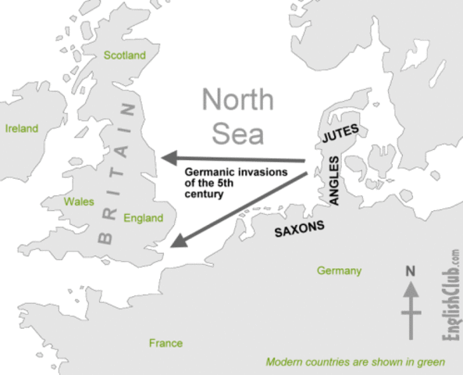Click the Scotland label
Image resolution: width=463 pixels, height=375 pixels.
click(x=125, y=55)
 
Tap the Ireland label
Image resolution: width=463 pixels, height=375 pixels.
click(x=21, y=128)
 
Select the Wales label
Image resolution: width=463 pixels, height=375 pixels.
click(x=79, y=201)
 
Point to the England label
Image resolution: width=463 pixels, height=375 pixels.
click(x=144, y=218)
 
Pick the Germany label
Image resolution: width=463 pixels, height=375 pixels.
click(x=339, y=271)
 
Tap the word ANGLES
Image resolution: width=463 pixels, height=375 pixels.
click(x=333, y=180)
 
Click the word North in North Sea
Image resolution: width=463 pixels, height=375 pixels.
click(x=238, y=101)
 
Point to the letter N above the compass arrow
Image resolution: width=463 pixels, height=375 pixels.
click(x=409, y=272)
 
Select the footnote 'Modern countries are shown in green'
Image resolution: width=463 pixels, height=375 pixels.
click(x=355, y=362)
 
